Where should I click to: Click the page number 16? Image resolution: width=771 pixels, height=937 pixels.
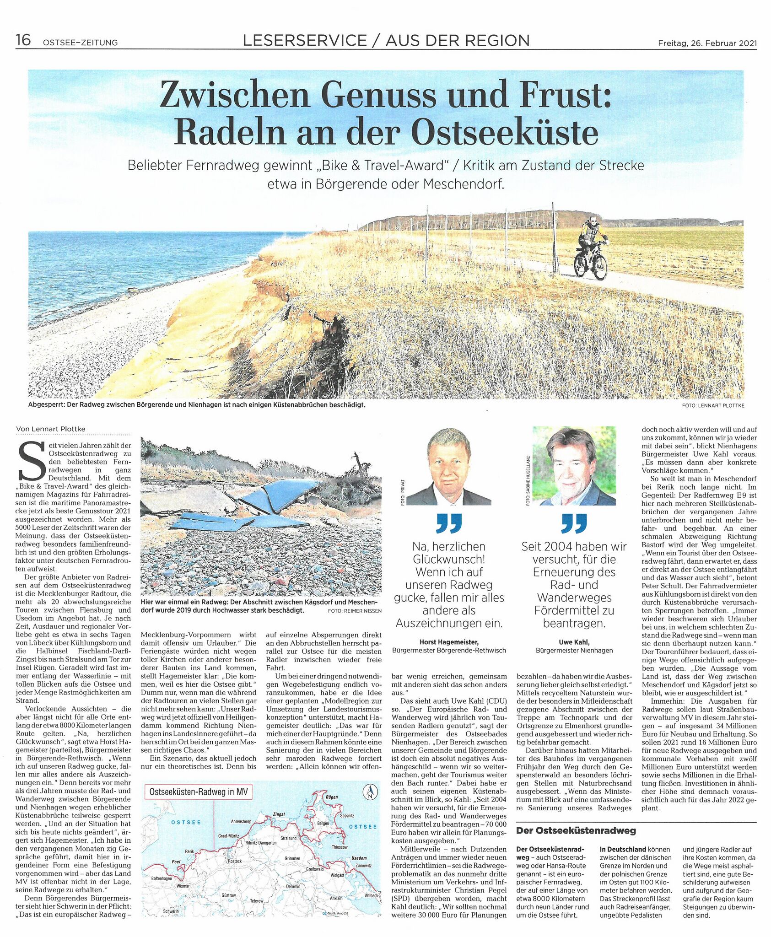click(23, 40)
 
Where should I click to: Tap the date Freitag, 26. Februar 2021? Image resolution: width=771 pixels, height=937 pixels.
click(707, 43)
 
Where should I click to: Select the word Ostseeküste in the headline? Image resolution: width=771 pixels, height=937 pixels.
click(504, 132)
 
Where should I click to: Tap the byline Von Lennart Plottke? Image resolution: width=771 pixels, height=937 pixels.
click(50, 429)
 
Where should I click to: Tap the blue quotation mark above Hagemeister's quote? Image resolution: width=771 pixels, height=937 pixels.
click(449, 523)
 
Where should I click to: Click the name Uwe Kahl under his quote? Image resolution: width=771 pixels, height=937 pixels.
click(574, 642)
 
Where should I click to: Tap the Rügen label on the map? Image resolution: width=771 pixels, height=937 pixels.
click(331, 797)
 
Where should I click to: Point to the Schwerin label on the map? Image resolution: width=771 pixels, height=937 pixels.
click(171, 911)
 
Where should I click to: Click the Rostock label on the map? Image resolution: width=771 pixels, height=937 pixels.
click(235, 861)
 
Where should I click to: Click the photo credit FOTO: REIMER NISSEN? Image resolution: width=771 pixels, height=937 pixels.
click(355, 611)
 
